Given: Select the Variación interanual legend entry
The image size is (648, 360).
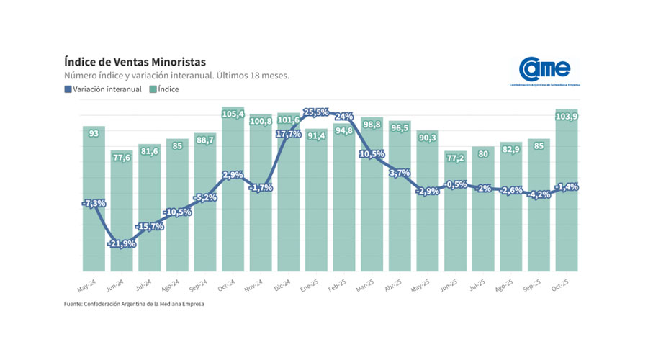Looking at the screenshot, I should pos(104,89).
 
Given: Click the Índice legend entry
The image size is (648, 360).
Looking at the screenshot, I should pos(164,89).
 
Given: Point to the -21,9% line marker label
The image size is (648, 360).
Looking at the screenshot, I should pos(122,243).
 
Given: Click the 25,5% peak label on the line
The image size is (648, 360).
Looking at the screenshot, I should pos(316,112).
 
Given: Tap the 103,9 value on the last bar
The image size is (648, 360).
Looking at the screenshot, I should pos(567,117).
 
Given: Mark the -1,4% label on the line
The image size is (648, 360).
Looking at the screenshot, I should pos(567,187).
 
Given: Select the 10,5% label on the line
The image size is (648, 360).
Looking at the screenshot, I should pos(372,154).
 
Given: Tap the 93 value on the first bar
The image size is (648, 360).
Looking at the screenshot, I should pos(94,134).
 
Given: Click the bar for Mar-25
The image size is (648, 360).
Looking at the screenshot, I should pos(372,194).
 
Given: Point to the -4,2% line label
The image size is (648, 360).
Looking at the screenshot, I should pos(539,194).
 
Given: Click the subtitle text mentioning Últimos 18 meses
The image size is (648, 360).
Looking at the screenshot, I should pos(176,75).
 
